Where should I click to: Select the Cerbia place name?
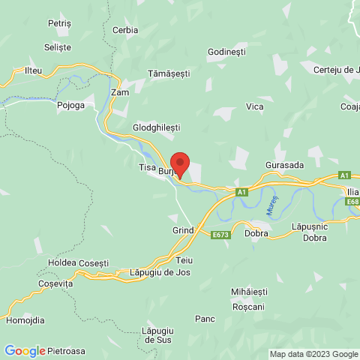pyautogui.click(x=124, y=30)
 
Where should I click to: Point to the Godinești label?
pyautogui.click(x=227, y=53)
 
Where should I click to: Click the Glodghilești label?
pyautogui.click(x=156, y=128)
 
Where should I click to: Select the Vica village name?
pyautogui.click(x=255, y=107)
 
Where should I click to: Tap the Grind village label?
pyautogui.click(x=183, y=230)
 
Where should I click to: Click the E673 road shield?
pyautogui.click(x=220, y=235)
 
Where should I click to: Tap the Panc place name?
pyautogui.click(x=205, y=319)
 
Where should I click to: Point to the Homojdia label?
pyautogui.click(x=25, y=320)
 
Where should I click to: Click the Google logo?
pyautogui.click(x=24, y=350)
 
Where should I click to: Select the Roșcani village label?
pyautogui.click(x=248, y=307)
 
